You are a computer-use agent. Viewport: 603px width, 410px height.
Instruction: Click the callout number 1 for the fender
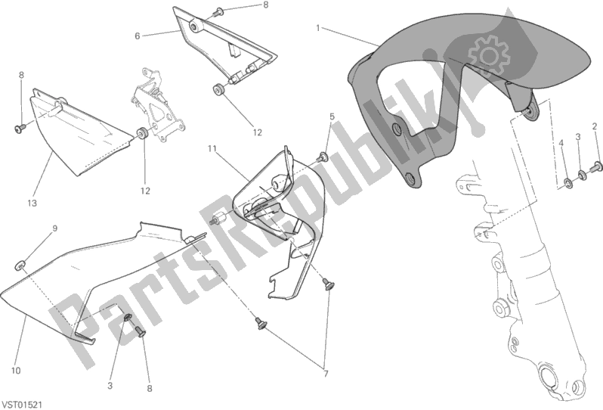pos(318,28)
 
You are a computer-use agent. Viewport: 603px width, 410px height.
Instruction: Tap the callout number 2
pos(594,126)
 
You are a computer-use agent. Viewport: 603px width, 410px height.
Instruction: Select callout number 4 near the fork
pos(561,143)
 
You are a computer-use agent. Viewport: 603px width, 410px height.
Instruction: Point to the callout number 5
pos(332,116)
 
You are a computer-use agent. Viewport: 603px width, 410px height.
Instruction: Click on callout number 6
pos(138,36)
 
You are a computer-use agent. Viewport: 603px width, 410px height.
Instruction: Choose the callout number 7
pos(326,374)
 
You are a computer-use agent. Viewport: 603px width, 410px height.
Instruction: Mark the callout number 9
pos(55,228)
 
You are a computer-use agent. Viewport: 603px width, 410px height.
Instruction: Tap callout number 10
pos(16,371)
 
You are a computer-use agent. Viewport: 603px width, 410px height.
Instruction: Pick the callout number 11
pos(212,148)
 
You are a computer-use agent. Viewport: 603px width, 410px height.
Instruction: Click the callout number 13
pos(32,203)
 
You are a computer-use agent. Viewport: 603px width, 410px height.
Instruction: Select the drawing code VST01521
pos(23,405)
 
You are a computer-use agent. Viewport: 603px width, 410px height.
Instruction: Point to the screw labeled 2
pos(596,166)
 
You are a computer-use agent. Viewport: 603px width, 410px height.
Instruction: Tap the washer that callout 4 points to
pos(568,183)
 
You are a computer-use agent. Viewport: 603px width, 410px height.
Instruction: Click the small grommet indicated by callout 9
pos(20,265)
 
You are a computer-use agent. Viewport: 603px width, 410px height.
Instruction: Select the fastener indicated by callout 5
pos(322,157)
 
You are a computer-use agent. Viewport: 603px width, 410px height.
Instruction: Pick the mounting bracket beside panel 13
pos(157,106)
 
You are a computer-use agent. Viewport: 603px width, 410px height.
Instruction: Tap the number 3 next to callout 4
pos(577,137)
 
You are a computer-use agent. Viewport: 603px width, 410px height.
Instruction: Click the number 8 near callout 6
pos(265,5)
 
